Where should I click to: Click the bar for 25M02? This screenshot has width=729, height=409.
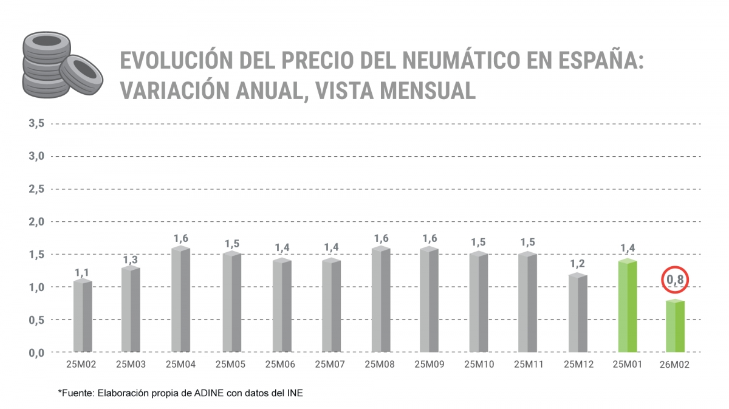(x=83, y=316)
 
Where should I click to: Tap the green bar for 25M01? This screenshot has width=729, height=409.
(x=626, y=306)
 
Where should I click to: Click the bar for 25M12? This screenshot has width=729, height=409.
(x=578, y=313)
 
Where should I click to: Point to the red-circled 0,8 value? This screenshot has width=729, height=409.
(x=676, y=280)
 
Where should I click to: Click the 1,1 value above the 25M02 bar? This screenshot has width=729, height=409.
(x=83, y=272)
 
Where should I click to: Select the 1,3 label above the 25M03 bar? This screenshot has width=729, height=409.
(x=131, y=259)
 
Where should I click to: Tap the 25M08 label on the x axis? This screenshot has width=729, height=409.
(x=380, y=365)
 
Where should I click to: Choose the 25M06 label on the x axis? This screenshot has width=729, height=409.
(x=281, y=365)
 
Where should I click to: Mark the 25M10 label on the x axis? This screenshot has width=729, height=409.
(x=479, y=365)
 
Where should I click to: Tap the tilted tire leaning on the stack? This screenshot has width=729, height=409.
(x=80, y=73)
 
